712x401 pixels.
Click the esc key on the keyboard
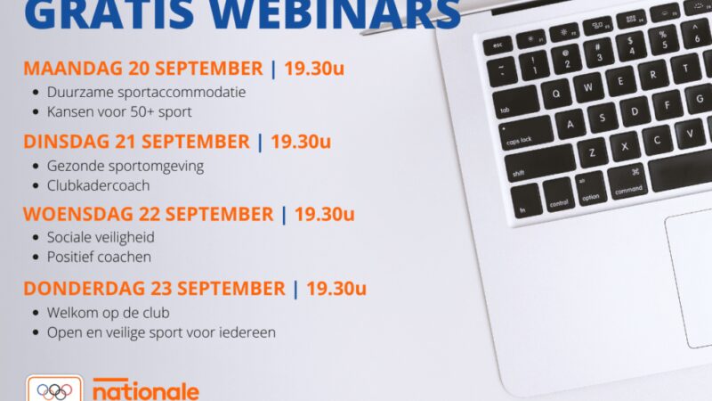pyautogui.click(x=499, y=43)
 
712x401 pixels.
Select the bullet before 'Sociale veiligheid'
pyautogui.click(x=35, y=238)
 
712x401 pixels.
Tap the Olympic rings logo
pyautogui.click(x=53, y=390)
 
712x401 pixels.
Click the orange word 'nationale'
pyautogui.click(x=146, y=390)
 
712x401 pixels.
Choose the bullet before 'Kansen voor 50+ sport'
pyautogui.click(x=35, y=112)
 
